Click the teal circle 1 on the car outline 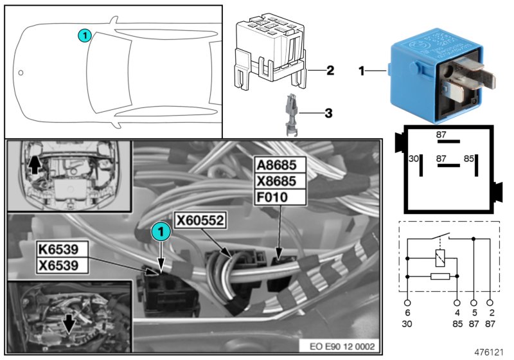(84, 36)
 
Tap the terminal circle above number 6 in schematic (407, 301)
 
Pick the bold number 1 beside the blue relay (362, 71)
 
